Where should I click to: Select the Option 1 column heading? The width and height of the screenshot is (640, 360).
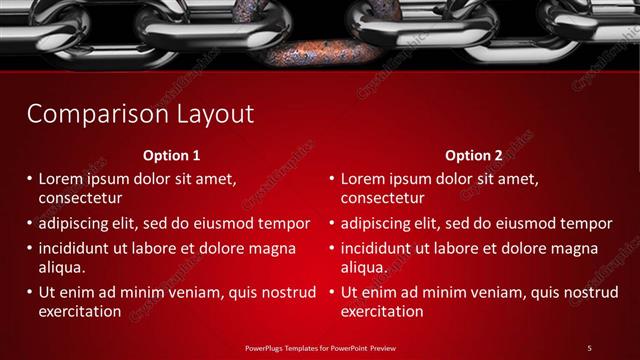click(x=171, y=156)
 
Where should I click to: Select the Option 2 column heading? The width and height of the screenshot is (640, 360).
click(x=474, y=156)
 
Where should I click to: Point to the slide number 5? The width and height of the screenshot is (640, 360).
click(x=589, y=347)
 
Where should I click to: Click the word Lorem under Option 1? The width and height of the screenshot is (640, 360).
click(x=60, y=179)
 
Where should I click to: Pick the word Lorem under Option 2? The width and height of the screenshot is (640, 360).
click(x=362, y=179)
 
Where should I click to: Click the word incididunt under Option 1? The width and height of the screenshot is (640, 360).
click(x=77, y=248)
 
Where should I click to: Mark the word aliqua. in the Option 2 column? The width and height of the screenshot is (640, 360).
click(x=364, y=267)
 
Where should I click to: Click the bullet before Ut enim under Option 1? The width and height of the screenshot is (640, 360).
click(x=29, y=292)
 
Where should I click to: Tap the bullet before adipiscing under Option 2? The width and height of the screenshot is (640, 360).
click(x=331, y=223)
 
